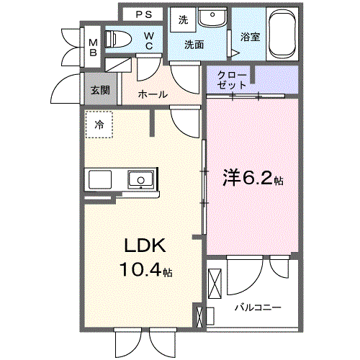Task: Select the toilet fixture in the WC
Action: click(x=118, y=40)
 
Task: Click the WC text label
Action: click(x=148, y=40)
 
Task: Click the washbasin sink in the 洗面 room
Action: click(x=211, y=19)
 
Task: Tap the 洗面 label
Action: click(x=194, y=45)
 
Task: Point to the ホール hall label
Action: click(x=152, y=94)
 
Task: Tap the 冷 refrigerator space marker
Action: click(x=98, y=124)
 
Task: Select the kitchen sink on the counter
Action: click(x=140, y=179)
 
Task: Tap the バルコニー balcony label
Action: click(x=257, y=307)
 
